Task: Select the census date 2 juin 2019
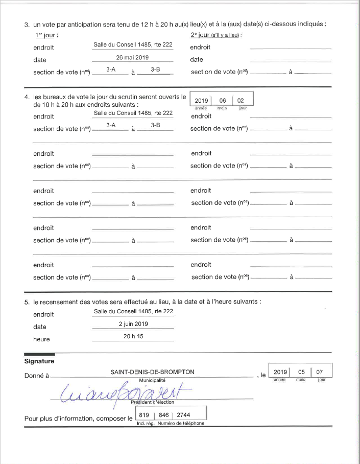pos(133,324)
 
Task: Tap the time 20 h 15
pos(133,337)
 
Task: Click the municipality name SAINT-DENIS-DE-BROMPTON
pos(152,372)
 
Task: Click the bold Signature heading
pos(39,362)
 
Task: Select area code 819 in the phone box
pos(143,415)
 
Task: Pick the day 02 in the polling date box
pos(241,101)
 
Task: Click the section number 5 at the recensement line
pos(27,302)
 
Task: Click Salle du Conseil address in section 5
pos(133,311)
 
